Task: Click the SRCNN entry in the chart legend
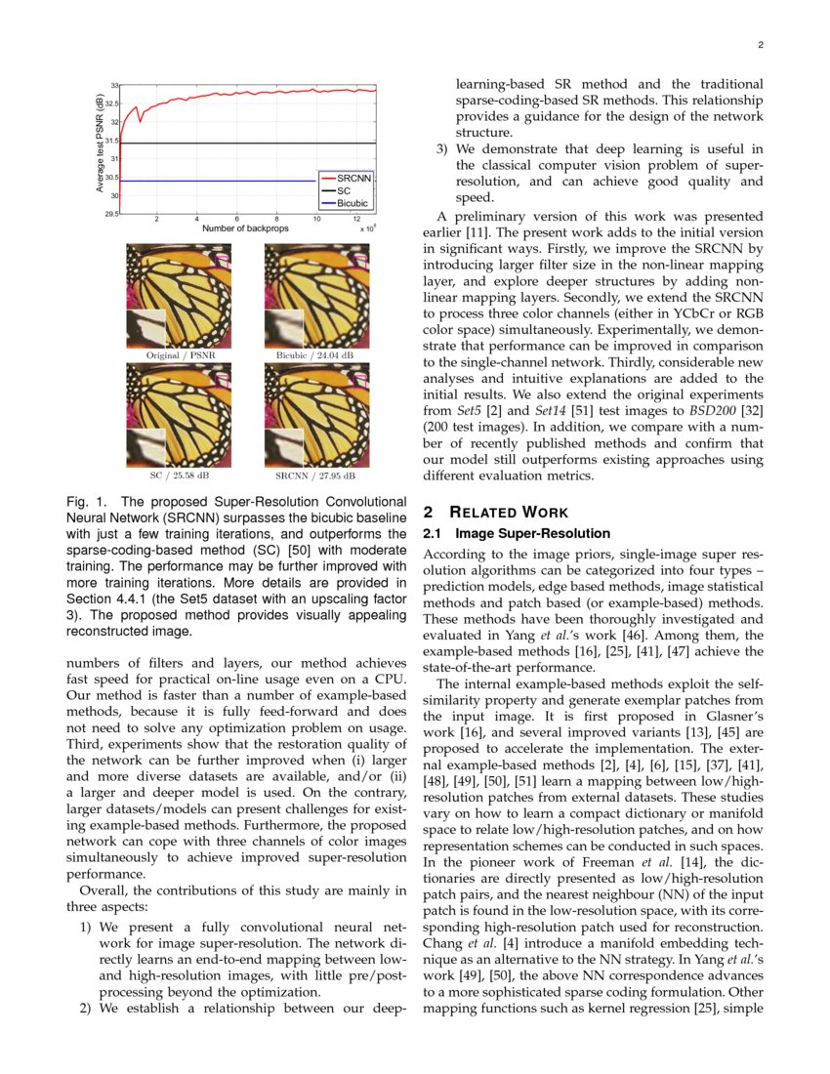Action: click(349, 180)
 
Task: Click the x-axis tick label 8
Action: click(277, 219)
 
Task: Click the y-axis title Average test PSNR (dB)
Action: click(100, 143)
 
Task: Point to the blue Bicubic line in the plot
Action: click(215, 181)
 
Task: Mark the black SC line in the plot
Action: click(215, 144)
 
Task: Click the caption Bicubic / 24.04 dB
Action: click(314, 356)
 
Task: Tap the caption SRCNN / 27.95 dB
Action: click(314, 476)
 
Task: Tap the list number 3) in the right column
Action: click(441, 149)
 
